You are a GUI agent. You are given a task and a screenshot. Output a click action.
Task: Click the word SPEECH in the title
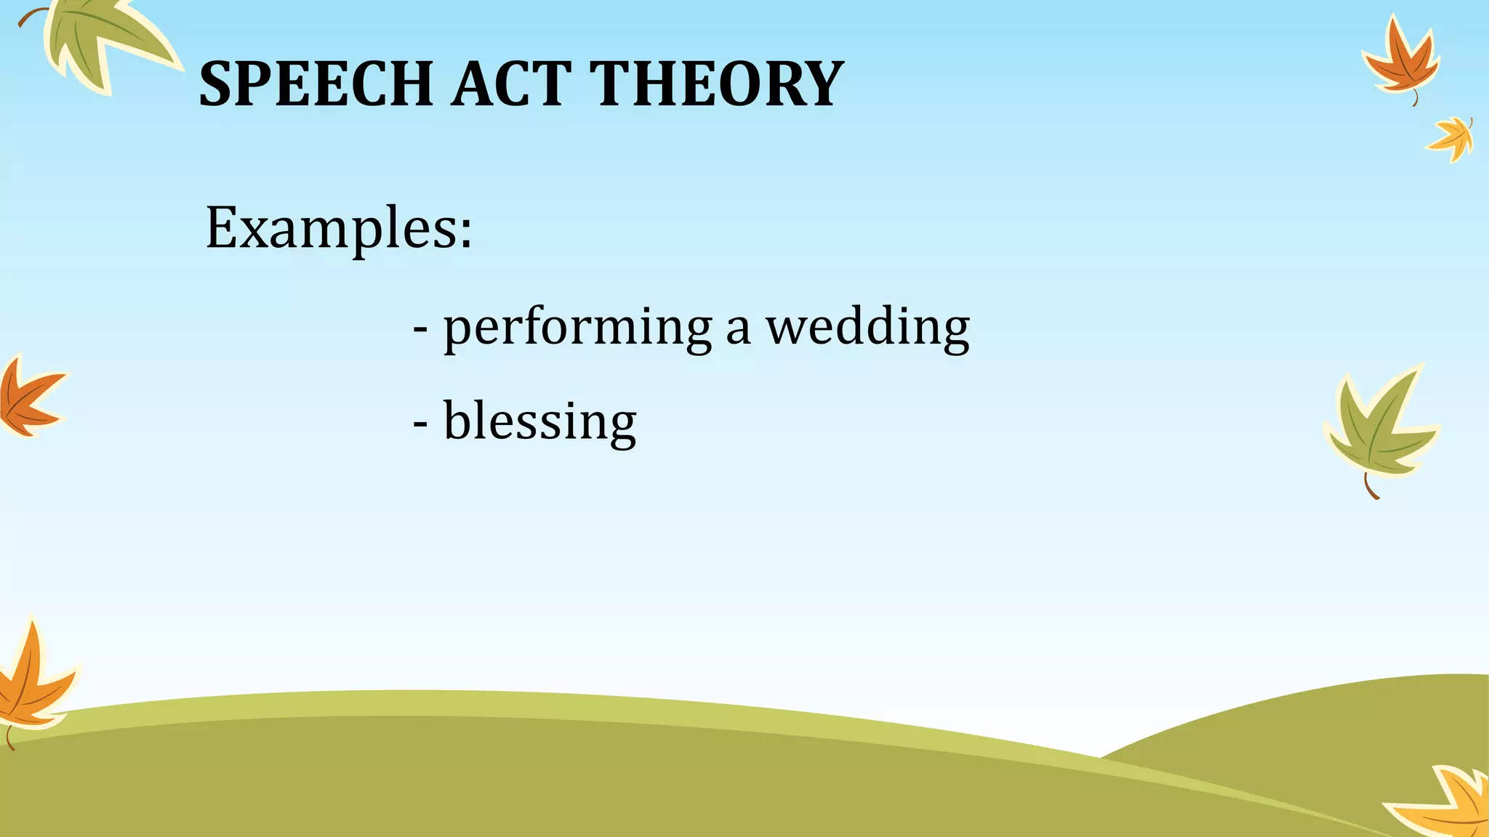point(316,84)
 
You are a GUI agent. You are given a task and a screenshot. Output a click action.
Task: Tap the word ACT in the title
point(510,84)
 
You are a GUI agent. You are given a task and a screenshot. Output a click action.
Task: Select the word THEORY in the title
point(716,84)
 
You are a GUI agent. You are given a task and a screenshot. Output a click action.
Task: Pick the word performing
point(577,328)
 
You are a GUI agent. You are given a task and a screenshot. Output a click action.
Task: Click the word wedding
point(868,328)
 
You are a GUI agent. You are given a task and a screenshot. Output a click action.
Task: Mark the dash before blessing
point(420,424)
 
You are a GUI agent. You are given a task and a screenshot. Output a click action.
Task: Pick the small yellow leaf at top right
point(1453,138)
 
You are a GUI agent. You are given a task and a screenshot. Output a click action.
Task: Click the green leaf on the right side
point(1378,429)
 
